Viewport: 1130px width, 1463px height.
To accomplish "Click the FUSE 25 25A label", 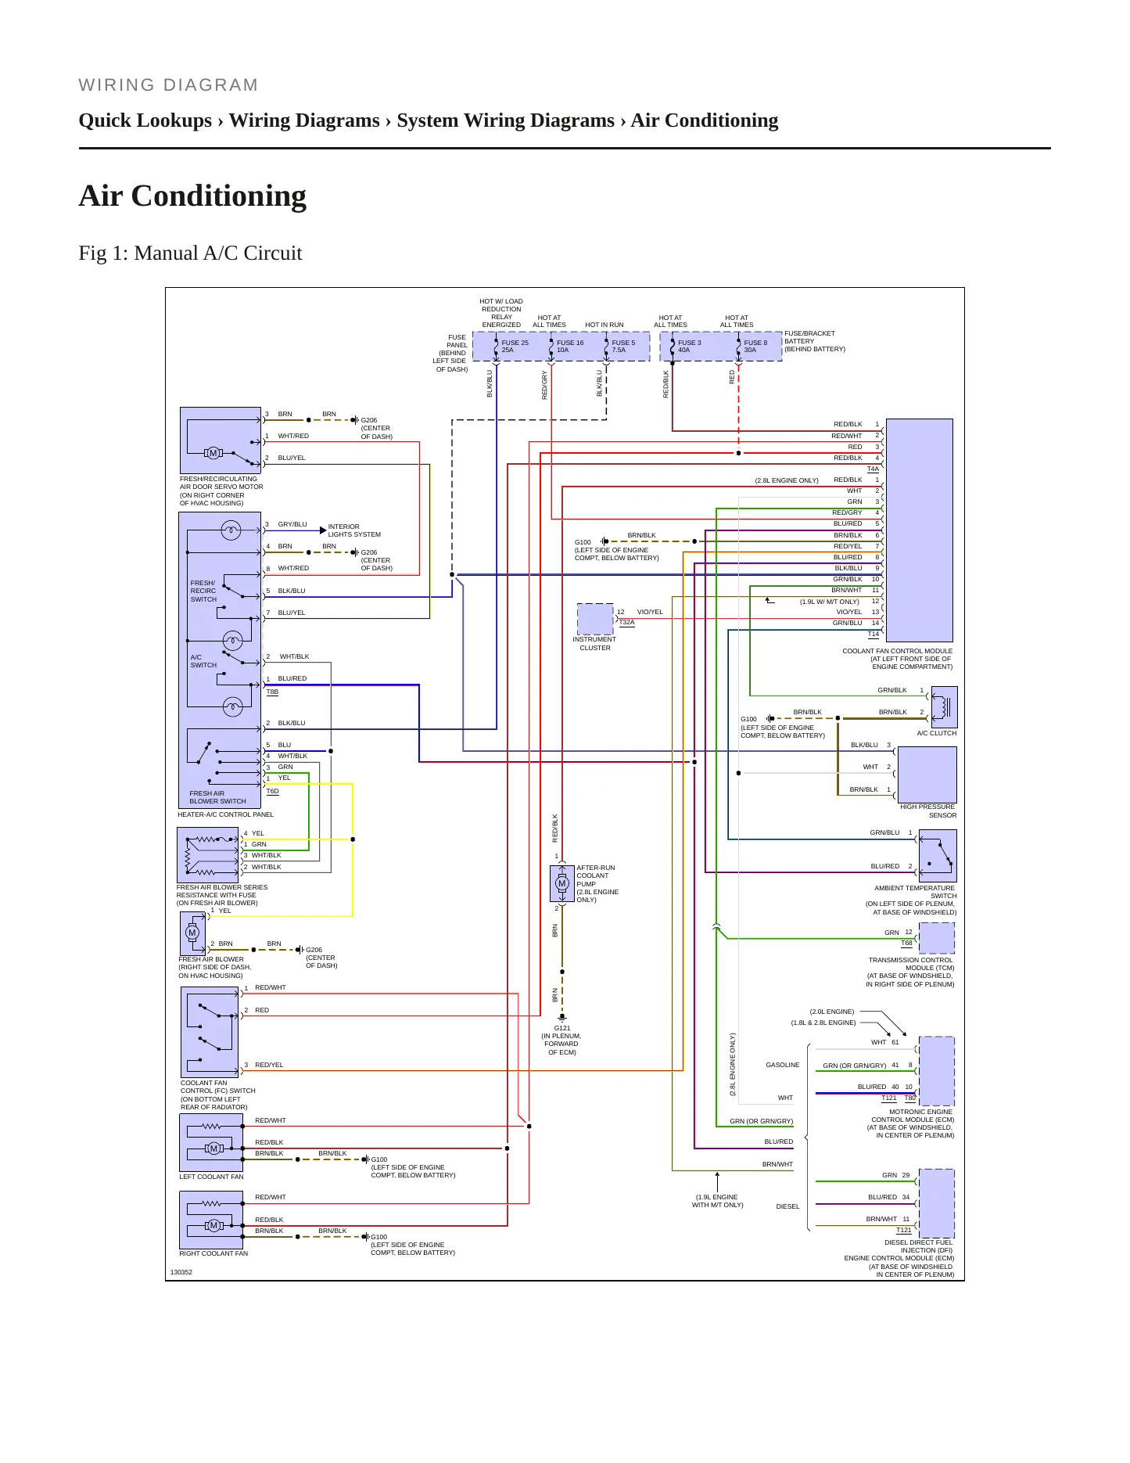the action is pyautogui.click(x=515, y=346).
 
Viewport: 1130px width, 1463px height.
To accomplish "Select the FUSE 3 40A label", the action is pyautogui.click(x=689, y=346).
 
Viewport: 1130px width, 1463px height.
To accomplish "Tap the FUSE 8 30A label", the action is pyautogui.click(x=755, y=346).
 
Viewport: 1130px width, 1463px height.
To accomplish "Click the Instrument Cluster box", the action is pyautogui.click(x=595, y=619).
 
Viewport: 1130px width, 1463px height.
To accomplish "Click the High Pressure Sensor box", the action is pyautogui.click(x=927, y=774).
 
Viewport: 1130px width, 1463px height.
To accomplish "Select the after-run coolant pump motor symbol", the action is pyautogui.click(x=561, y=883).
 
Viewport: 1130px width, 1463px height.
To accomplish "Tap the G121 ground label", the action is pyautogui.click(x=562, y=1028).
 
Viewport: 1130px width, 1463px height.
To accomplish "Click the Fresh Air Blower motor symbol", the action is pyautogui.click(x=192, y=933).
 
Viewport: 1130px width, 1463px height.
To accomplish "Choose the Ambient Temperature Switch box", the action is pyautogui.click(x=938, y=856).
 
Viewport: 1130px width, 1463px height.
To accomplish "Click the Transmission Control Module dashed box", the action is pyautogui.click(x=937, y=937).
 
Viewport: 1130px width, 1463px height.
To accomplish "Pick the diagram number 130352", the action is pyautogui.click(x=181, y=1272).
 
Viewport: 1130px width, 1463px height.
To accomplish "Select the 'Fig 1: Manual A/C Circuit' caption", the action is pyautogui.click(x=190, y=253).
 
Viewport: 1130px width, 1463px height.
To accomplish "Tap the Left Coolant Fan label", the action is pyautogui.click(x=211, y=1177).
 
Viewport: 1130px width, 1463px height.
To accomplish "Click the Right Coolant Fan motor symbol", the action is pyautogui.click(x=213, y=1225).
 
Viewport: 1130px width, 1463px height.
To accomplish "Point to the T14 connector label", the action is pyautogui.click(x=873, y=634).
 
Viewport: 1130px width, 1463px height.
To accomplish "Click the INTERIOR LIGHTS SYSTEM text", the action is pyautogui.click(x=354, y=530).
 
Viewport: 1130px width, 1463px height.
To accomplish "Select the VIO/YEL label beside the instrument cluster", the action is pyautogui.click(x=650, y=612).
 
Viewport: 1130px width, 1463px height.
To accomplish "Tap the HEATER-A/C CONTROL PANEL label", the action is pyautogui.click(x=225, y=814).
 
